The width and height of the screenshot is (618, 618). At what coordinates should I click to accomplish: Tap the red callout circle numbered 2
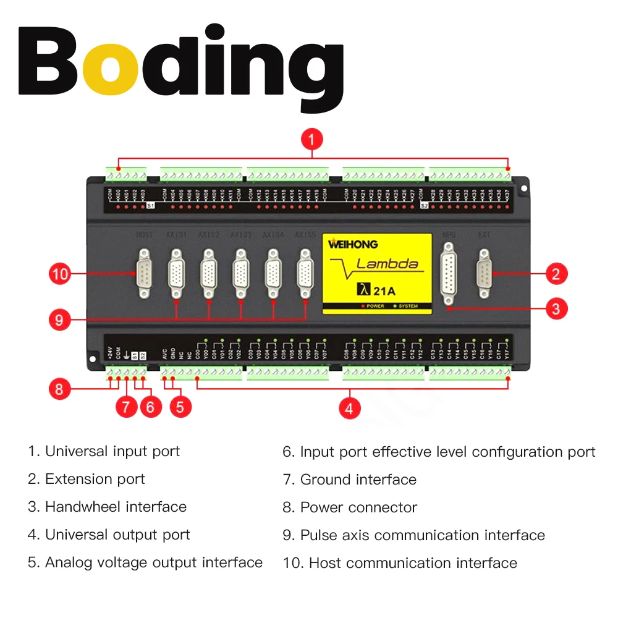click(556, 273)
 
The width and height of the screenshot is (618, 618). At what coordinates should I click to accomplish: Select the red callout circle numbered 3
click(556, 308)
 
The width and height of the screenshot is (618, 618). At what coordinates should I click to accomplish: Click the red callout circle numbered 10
click(60, 273)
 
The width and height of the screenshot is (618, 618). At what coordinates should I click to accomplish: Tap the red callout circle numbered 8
click(60, 389)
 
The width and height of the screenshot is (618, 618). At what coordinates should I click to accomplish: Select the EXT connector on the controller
click(484, 269)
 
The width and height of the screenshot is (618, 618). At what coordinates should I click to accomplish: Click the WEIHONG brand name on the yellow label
click(353, 244)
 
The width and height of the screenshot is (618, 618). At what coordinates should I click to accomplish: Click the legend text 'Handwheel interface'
click(116, 507)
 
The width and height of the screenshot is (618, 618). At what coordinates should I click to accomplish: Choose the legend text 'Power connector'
click(358, 507)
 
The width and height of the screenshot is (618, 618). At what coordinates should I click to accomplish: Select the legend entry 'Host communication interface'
click(413, 563)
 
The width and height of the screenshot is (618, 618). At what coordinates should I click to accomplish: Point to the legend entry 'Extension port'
click(95, 479)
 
